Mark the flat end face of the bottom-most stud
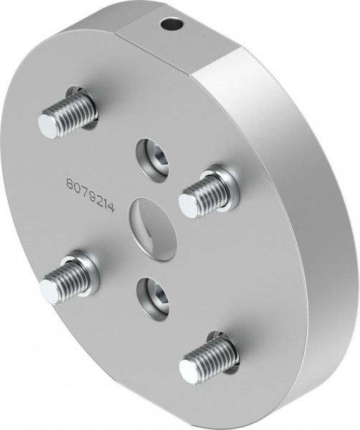(187, 371)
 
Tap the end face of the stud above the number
(47, 125)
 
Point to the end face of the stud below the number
(48, 291)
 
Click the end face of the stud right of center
(186, 206)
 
